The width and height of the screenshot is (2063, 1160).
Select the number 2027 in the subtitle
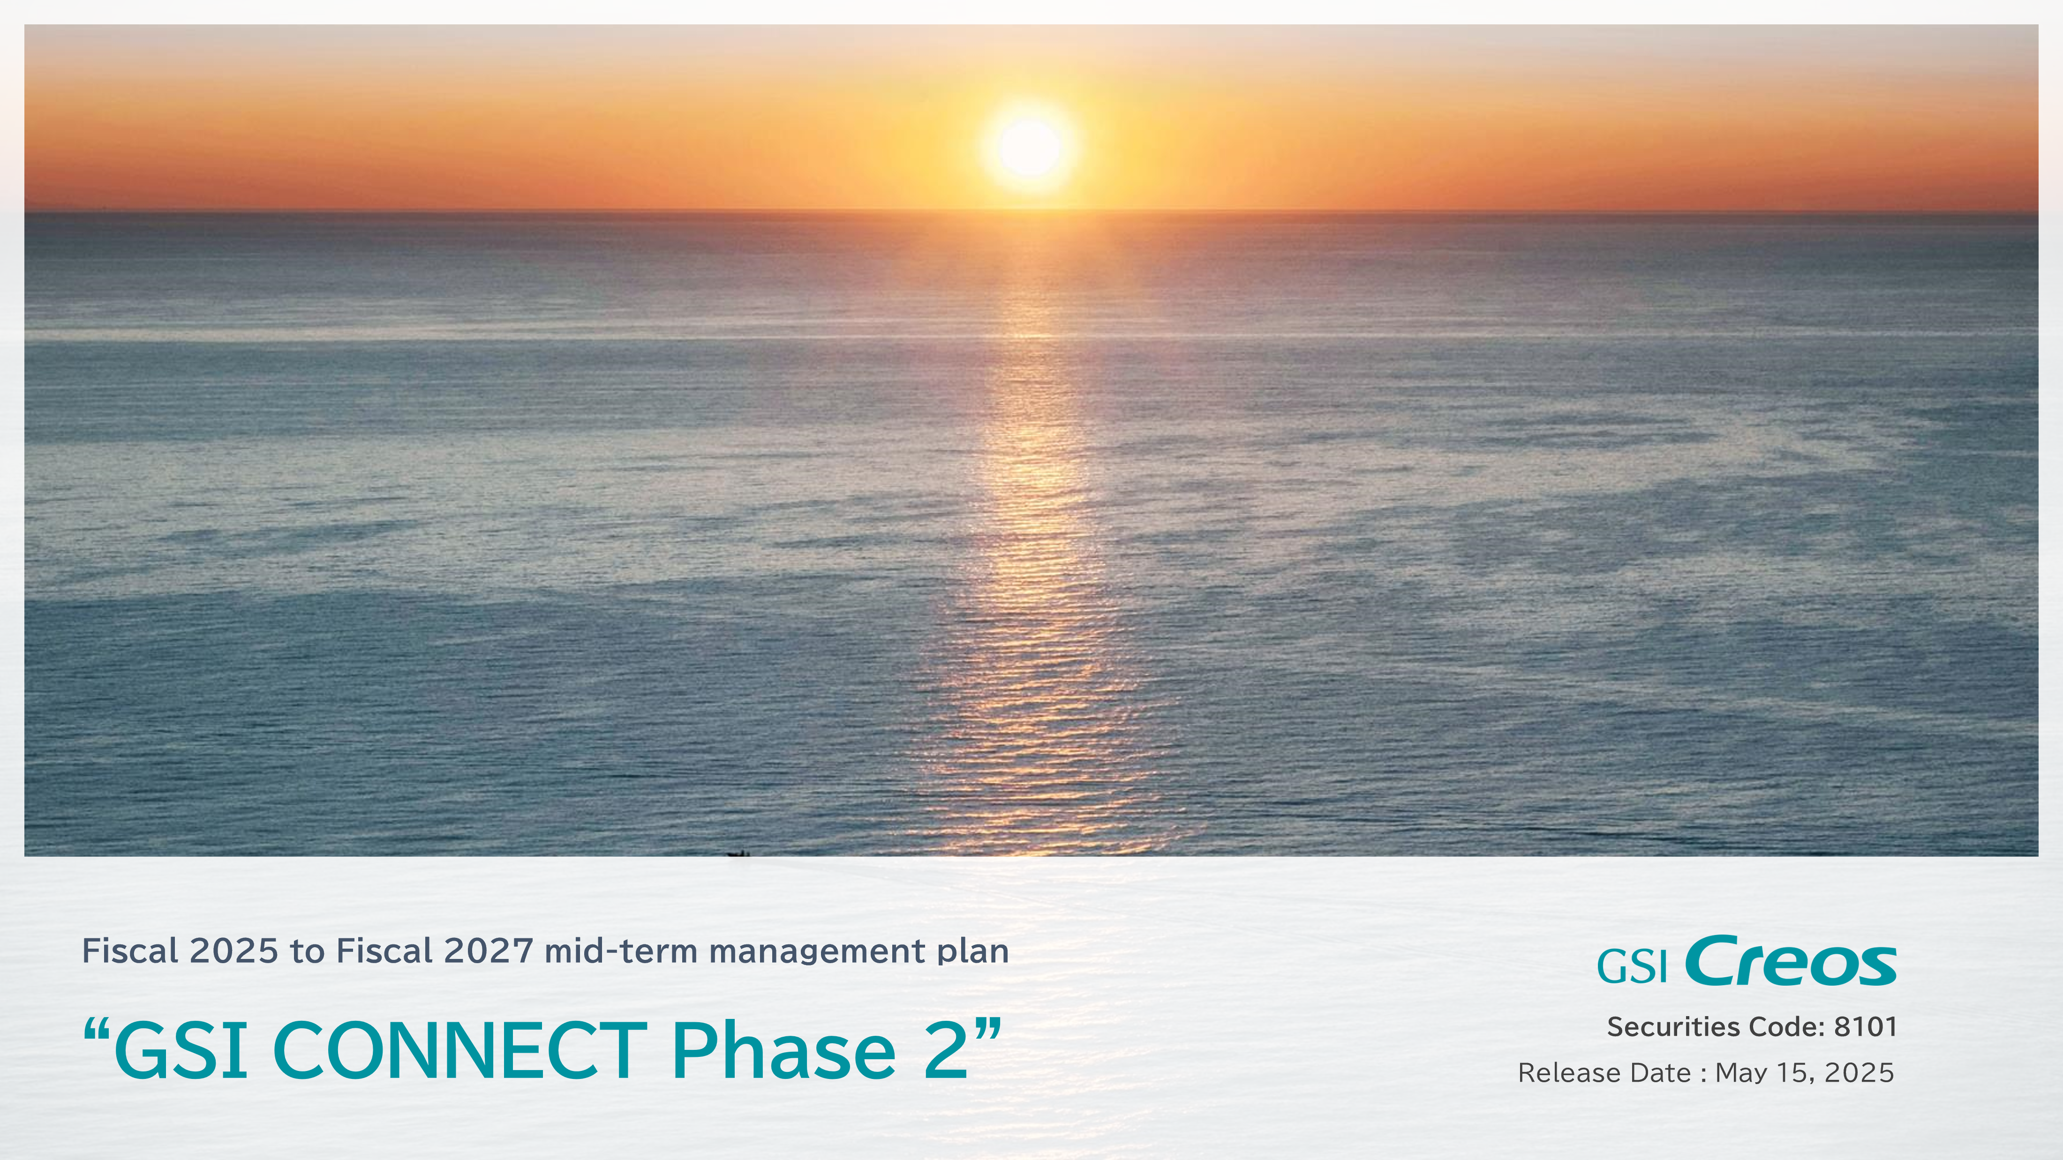489,951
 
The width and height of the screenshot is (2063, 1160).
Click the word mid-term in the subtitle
621,951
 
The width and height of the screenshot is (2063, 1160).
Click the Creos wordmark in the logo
1790,961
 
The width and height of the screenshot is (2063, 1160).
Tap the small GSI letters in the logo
1632,966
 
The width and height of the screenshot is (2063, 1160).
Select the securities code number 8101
1865,1027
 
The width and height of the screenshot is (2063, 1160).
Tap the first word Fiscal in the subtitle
130,951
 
